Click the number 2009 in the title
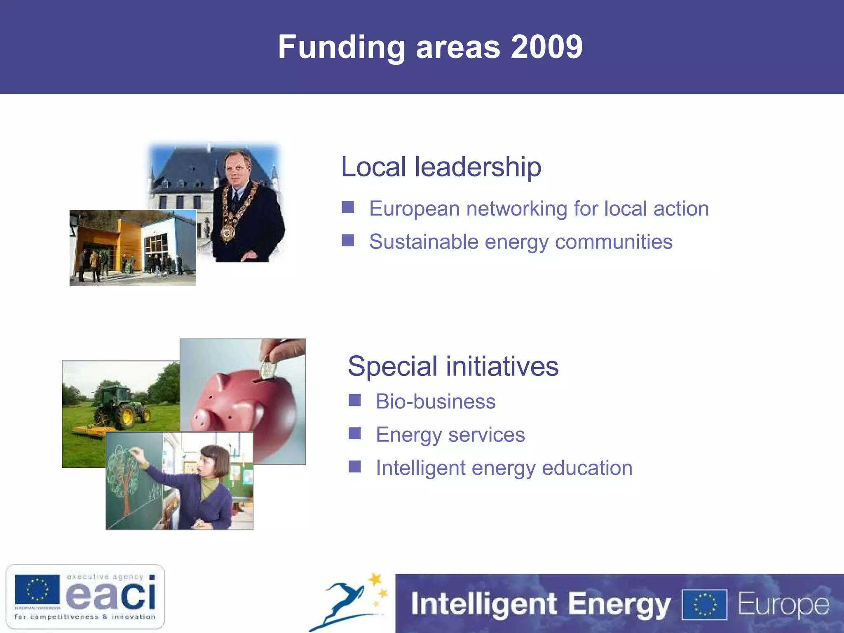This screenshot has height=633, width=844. (546, 47)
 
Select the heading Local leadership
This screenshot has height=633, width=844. (441, 167)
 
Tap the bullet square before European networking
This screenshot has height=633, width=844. (348, 207)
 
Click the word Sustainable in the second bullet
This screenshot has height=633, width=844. (423, 242)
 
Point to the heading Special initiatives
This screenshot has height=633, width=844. (453, 366)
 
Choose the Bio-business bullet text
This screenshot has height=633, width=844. (436, 401)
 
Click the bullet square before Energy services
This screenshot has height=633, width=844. (354, 433)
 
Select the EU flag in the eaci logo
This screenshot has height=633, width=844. (38, 589)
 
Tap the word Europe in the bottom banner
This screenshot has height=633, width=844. (783, 604)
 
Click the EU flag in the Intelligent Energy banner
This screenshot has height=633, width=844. (705, 605)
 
